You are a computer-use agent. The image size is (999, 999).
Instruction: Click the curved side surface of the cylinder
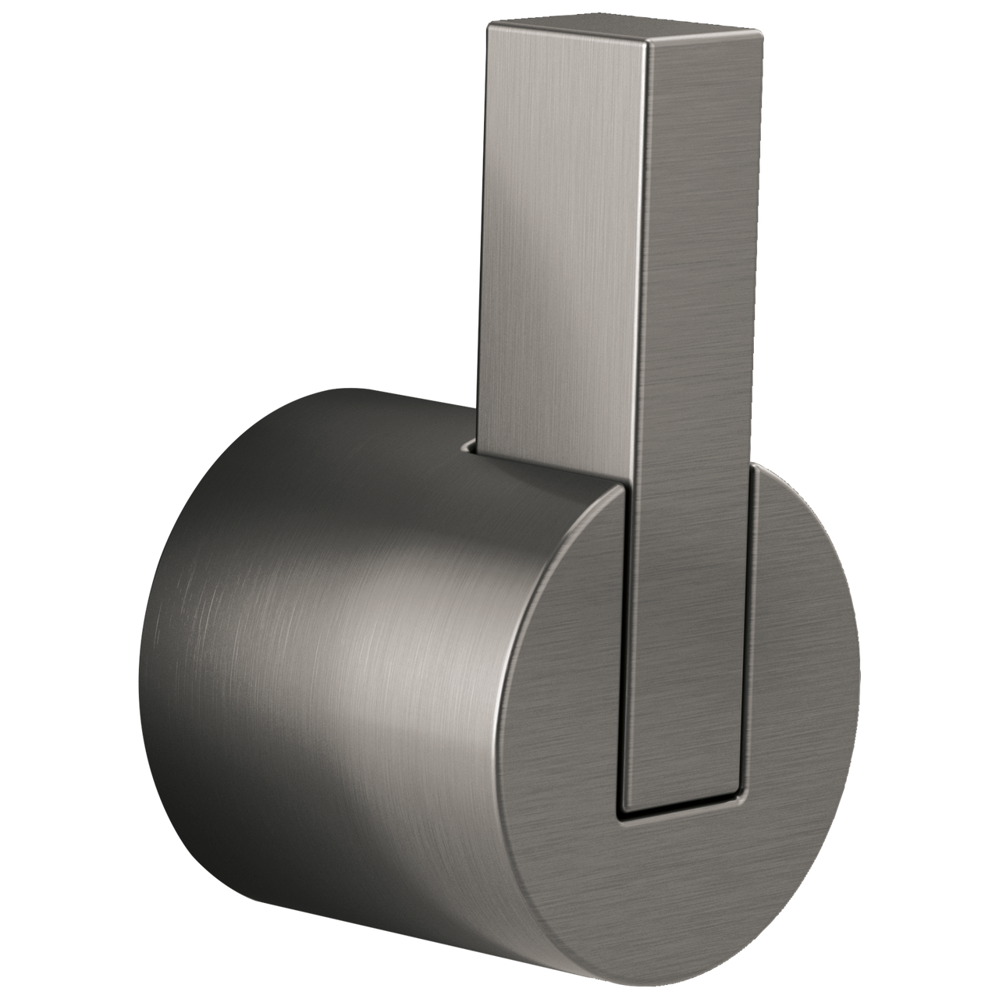[x=312, y=624]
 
